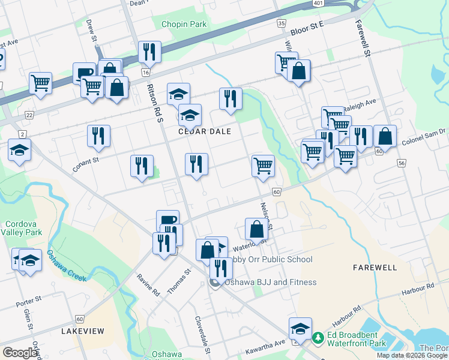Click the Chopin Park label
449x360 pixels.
184,25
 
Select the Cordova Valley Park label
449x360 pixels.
21,227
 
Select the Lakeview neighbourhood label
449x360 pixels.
83,331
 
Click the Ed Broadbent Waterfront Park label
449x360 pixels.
367,340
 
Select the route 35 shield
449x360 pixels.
281,23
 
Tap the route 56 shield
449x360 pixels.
401,163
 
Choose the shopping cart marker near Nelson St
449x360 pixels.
263,165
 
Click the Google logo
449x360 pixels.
20,353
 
